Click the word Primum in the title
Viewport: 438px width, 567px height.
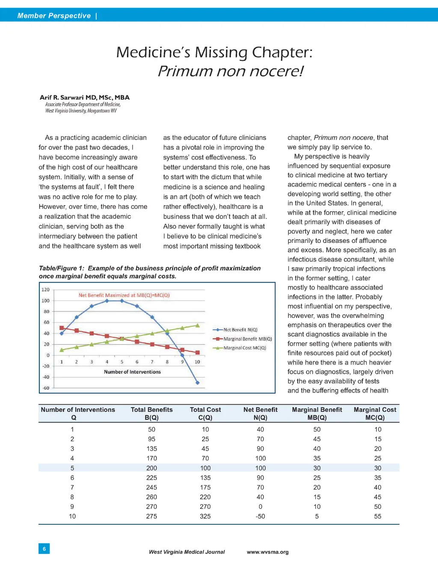(x=185, y=71)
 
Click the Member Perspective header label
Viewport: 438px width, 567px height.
(x=54, y=16)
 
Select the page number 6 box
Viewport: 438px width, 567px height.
(x=44, y=549)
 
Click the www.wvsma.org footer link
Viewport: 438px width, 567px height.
(x=267, y=552)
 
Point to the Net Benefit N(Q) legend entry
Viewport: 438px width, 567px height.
(x=240, y=330)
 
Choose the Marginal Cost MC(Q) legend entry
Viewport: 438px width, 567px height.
(x=244, y=348)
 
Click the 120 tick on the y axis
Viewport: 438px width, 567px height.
(x=45, y=290)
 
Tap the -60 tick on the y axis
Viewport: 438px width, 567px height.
(x=45, y=388)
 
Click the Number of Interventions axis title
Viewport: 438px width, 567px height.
(x=132, y=372)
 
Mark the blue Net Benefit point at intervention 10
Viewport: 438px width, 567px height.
(x=197, y=383)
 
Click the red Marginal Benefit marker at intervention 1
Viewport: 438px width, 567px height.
(x=62, y=328)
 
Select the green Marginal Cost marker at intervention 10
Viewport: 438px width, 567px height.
(x=197, y=325)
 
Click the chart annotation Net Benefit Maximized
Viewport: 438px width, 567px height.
(x=124, y=295)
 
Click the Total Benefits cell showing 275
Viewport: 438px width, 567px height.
(x=151, y=517)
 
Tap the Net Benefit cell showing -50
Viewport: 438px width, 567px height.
(x=260, y=517)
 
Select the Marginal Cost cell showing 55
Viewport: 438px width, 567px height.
(x=378, y=517)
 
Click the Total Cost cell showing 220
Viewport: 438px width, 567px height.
(x=205, y=497)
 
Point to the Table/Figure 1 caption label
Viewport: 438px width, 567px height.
(x=61, y=269)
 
